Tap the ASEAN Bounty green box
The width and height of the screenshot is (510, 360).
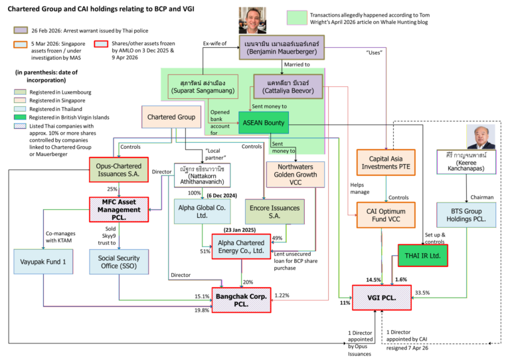pyautogui.click(x=264, y=122)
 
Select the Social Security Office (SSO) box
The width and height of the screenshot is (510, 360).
pyautogui.click(x=120, y=261)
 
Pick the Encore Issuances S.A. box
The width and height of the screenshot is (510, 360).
pyautogui.click(x=273, y=211)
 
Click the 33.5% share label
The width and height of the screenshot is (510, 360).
pyautogui.click(x=422, y=292)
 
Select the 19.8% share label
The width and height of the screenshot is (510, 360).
pyautogui.click(x=201, y=310)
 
